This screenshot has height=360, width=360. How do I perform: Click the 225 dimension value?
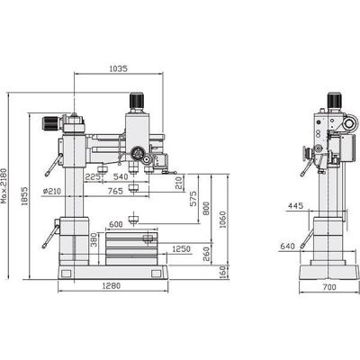pyautogui.click(x=93, y=177)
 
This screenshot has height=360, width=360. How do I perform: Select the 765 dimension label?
pyautogui.click(x=114, y=191)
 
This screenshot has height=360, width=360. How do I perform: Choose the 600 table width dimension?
pyautogui.click(x=116, y=224)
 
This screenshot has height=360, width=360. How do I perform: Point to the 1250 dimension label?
pyautogui.click(x=181, y=248)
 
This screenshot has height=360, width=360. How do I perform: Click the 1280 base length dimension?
pyautogui.click(x=112, y=287)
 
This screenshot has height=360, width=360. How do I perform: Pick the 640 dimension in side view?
pyautogui.click(x=288, y=246)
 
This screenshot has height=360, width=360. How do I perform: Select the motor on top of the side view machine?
pyautogui.click(x=330, y=97)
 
